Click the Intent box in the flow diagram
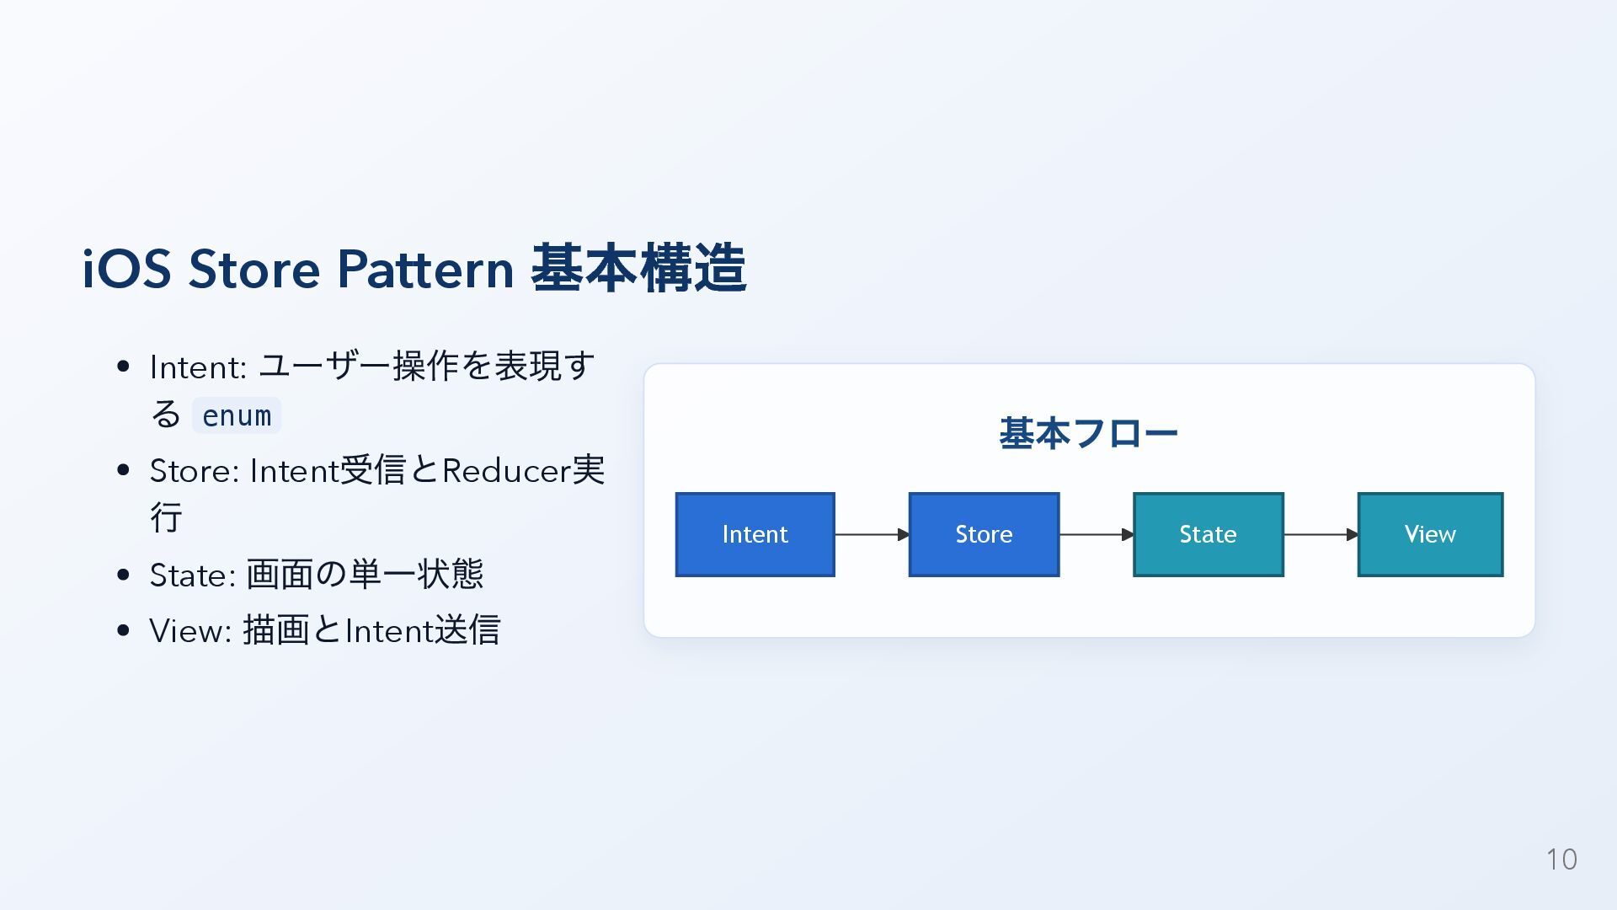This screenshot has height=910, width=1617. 755,534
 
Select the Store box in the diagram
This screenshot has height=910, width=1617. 984,534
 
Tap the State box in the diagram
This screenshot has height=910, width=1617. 1208,534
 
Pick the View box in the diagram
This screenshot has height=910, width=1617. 1430,534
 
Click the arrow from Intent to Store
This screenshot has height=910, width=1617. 872,534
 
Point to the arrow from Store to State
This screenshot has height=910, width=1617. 1096,534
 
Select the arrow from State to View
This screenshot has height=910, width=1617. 1321,534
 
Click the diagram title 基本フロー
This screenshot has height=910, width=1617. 1088,434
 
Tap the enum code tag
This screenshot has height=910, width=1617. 237,415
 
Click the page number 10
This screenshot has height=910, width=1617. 1561,859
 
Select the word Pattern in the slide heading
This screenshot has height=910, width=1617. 425,270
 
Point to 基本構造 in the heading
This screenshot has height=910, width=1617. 638,270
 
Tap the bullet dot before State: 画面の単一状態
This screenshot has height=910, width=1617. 124,575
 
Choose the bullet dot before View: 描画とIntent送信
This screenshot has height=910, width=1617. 124,630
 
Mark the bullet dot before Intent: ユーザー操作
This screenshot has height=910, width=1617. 124,367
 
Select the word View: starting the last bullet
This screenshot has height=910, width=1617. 190,630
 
